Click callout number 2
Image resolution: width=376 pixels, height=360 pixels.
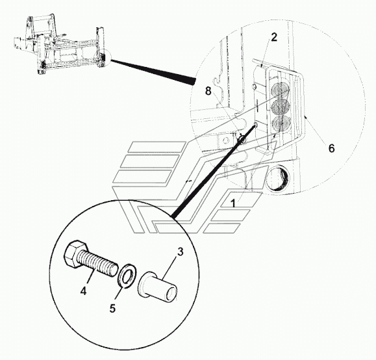click(274, 37)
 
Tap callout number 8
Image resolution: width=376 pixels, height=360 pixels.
click(208, 91)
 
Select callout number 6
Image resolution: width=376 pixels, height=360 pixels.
click(331, 148)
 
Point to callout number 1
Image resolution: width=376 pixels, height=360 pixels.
click(233, 203)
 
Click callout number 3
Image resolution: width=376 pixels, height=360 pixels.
click(180, 251)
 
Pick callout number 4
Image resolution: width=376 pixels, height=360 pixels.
click(83, 291)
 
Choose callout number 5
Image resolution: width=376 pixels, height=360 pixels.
click(112, 308)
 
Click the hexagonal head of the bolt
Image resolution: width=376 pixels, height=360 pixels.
click(75, 253)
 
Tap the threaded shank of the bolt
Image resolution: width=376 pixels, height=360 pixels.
click(98, 263)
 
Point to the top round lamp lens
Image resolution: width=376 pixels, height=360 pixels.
click(281, 90)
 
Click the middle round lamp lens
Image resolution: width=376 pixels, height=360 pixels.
click(281, 106)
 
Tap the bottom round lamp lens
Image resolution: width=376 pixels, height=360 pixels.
click(282, 122)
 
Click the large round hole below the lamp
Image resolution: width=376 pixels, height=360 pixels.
click(277, 178)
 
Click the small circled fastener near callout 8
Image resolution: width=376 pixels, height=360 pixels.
click(241, 139)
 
